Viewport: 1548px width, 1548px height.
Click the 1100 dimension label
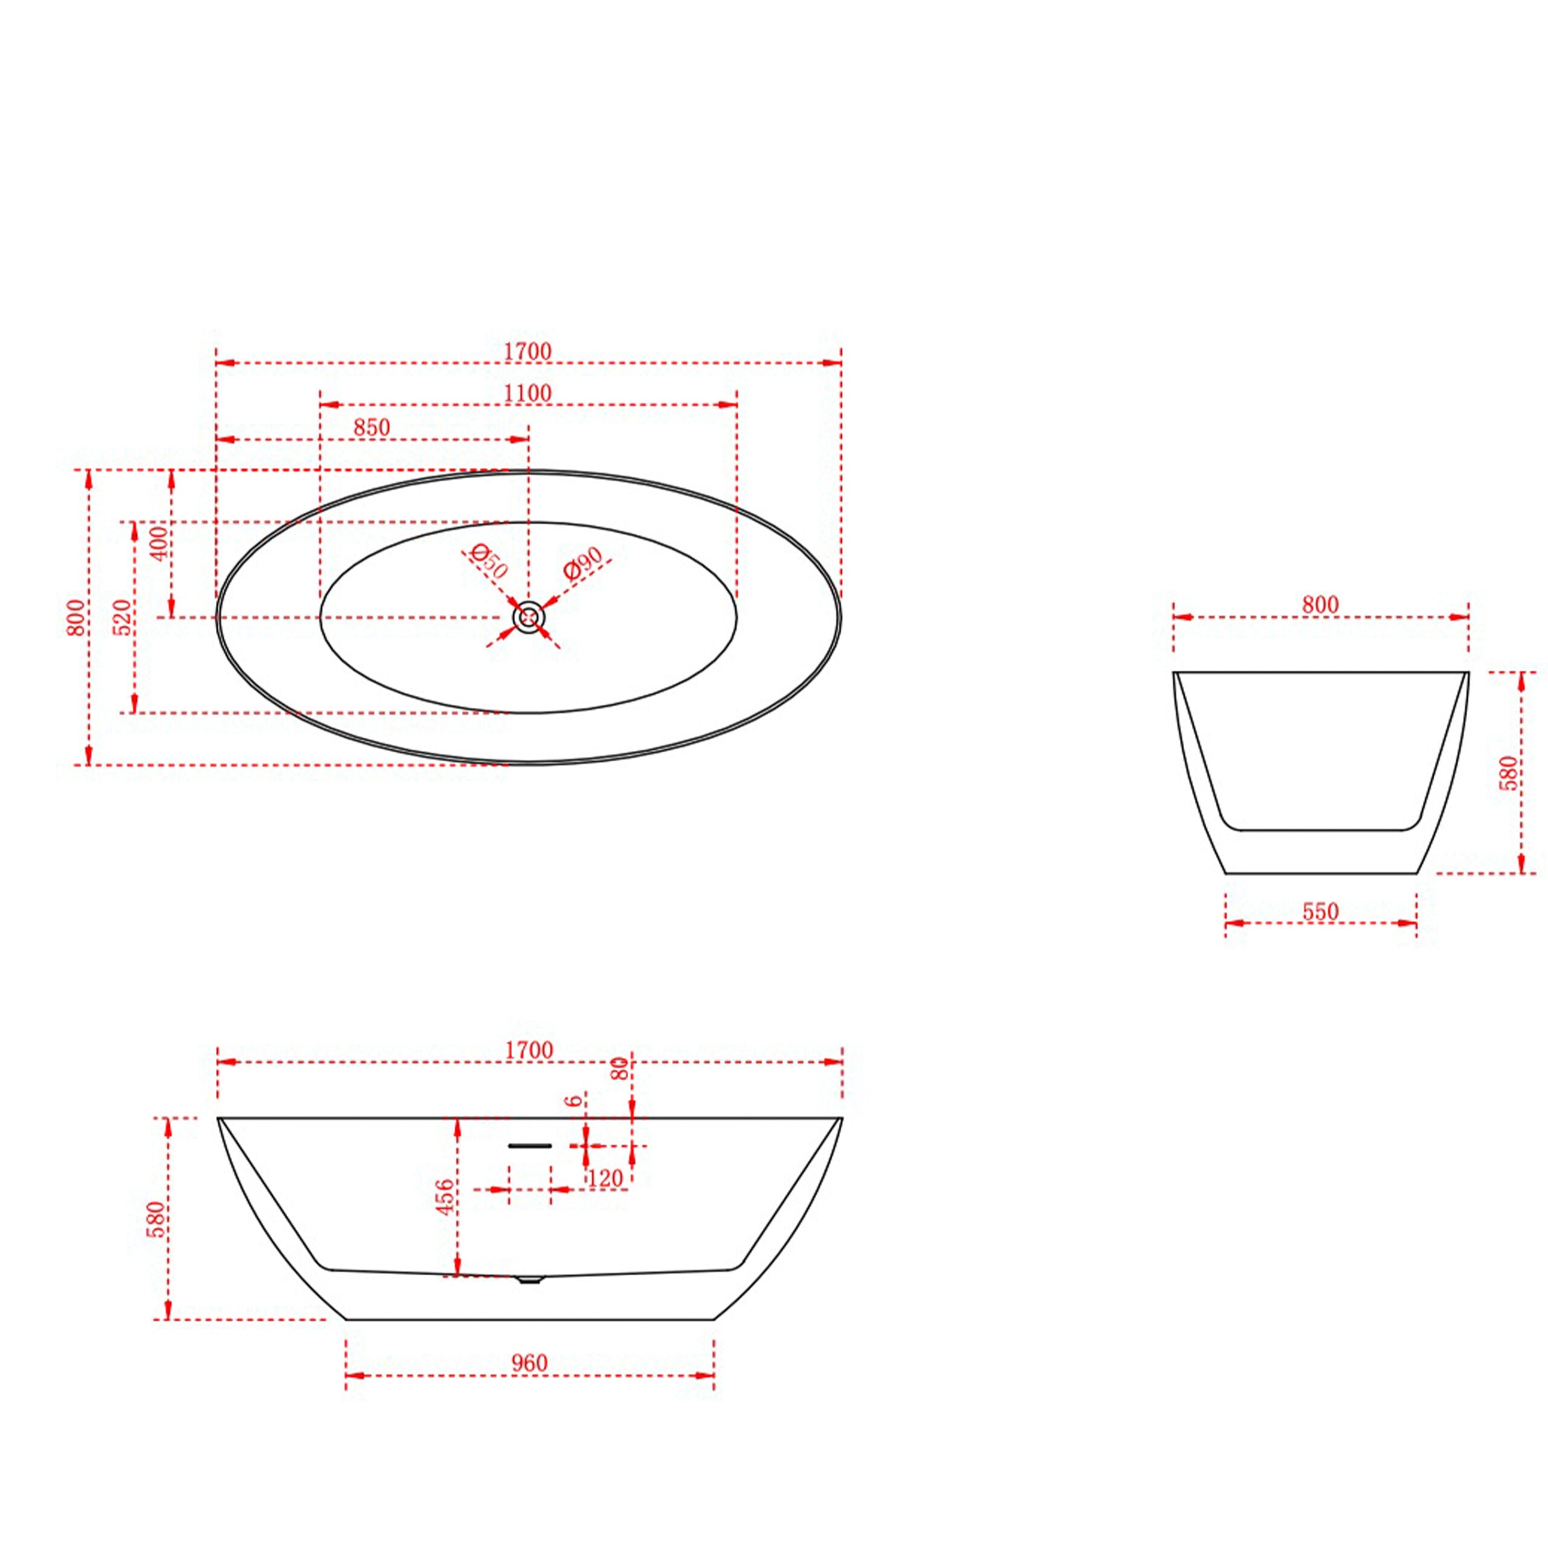528,394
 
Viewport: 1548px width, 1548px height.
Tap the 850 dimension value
372,428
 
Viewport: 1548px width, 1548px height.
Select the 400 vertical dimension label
160,542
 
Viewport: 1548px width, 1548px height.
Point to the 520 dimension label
124,617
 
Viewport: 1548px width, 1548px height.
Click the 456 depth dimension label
446,1197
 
